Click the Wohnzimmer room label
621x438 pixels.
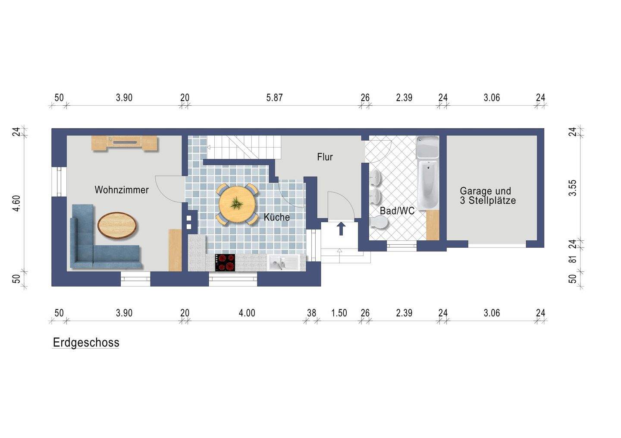(x=122, y=190)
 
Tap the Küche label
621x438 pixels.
(x=277, y=217)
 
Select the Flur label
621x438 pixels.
(x=325, y=157)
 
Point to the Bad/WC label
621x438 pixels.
(x=397, y=211)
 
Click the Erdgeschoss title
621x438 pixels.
(x=86, y=343)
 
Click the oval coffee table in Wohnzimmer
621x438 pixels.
(x=117, y=226)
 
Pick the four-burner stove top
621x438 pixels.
(x=225, y=262)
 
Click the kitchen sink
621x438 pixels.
(x=283, y=263)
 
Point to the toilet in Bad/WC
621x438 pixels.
(x=379, y=223)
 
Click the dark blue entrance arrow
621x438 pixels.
(x=341, y=229)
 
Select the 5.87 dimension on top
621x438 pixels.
(x=274, y=98)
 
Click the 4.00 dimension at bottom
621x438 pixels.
(x=247, y=313)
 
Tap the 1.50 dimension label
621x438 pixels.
(x=339, y=313)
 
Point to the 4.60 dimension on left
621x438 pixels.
(x=17, y=203)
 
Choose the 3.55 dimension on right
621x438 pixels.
(x=573, y=188)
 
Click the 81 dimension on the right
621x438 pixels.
(x=573, y=259)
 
